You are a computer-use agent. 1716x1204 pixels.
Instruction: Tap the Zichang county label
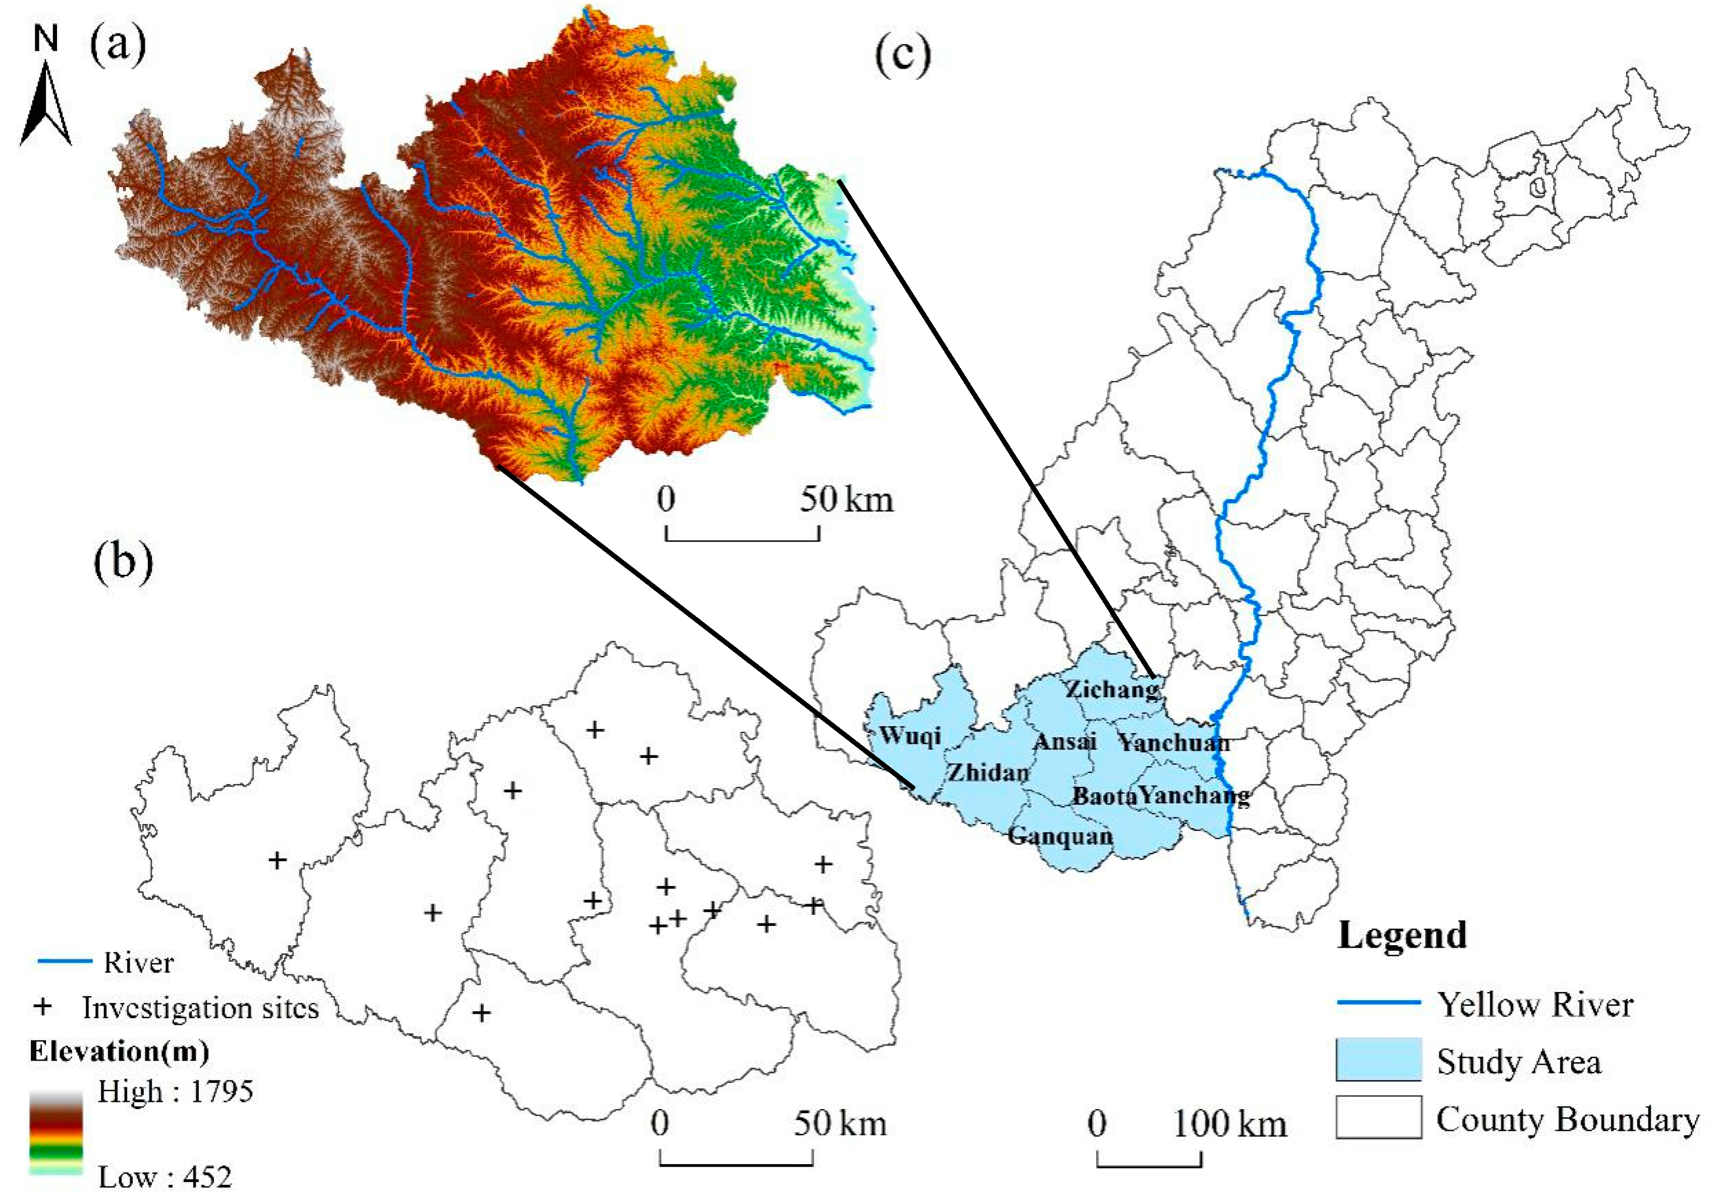pos(1111,689)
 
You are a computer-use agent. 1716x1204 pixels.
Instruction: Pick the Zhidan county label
pos(989,772)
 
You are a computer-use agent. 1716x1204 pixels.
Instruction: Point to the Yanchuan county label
pos(1173,742)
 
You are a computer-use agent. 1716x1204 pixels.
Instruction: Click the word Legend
pos(1402,935)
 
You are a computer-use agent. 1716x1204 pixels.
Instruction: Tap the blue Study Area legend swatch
pos(1378,1060)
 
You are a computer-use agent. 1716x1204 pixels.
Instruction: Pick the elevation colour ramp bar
pos(56,1132)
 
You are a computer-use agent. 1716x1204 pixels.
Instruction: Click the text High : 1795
pos(175,1092)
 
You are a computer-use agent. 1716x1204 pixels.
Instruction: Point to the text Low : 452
pos(165,1178)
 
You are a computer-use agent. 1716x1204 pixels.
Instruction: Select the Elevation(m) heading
pos(119,1052)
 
